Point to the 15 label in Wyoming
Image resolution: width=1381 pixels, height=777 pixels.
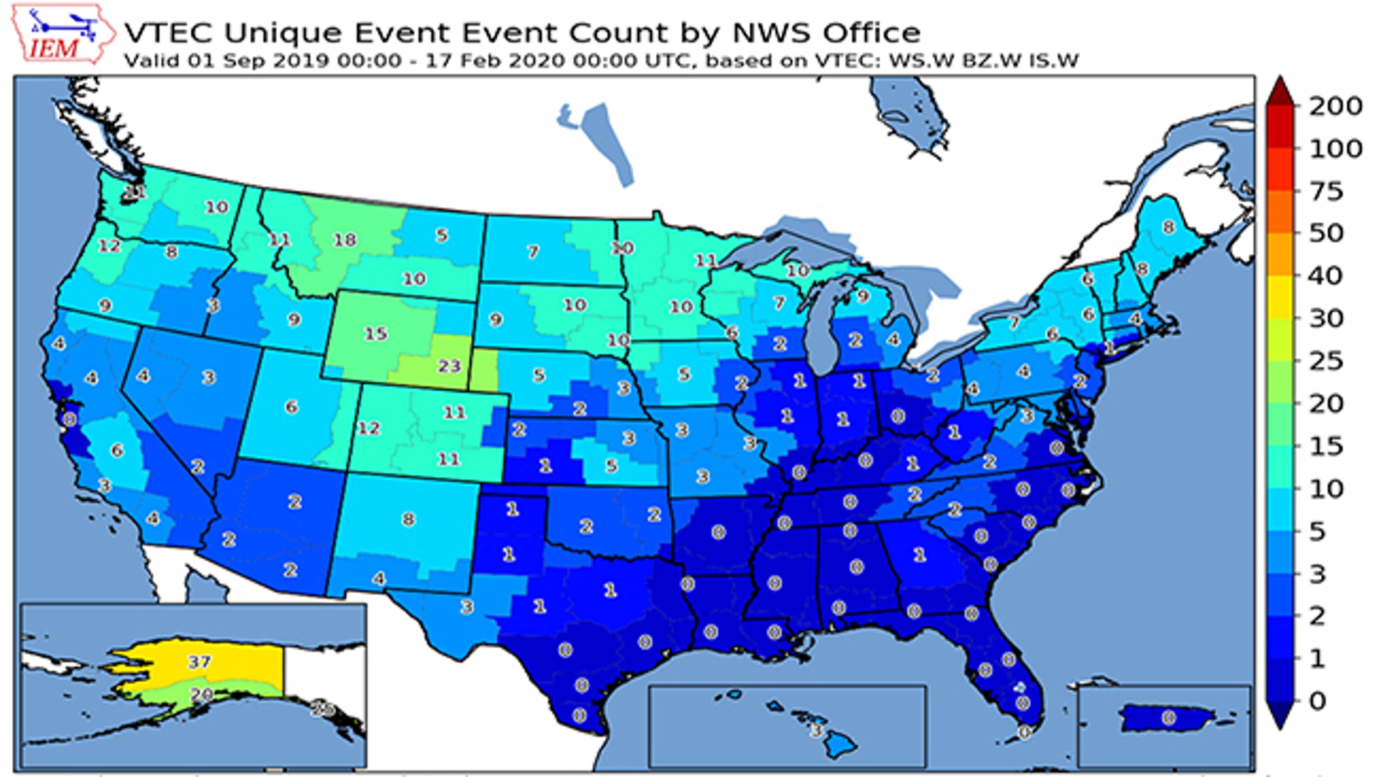point(376,334)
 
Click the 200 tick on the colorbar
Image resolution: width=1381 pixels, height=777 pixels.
point(1335,107)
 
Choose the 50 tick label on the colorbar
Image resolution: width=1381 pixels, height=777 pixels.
point(1326,234)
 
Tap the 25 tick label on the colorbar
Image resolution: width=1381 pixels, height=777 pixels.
point(1326,361)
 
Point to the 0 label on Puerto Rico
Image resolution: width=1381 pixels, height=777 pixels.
point(1169,717)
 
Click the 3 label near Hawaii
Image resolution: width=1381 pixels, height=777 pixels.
point(816,730)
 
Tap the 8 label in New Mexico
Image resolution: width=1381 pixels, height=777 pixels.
point(409,519)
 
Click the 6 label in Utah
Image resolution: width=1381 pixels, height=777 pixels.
point(291,407)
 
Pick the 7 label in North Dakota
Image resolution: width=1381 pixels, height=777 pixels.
point(532,251)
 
